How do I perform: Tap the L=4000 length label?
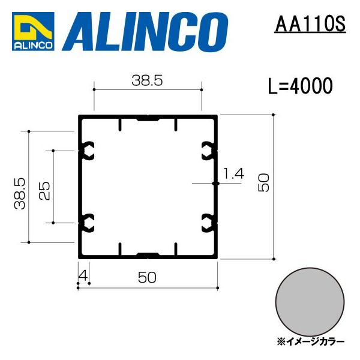[300, 88]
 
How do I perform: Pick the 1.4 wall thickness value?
[233, 174]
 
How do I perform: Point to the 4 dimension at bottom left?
[82, 275]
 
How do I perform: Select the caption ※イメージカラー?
[311, 341]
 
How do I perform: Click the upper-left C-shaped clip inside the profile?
[88, 149]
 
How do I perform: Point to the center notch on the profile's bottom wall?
[148, 254]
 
